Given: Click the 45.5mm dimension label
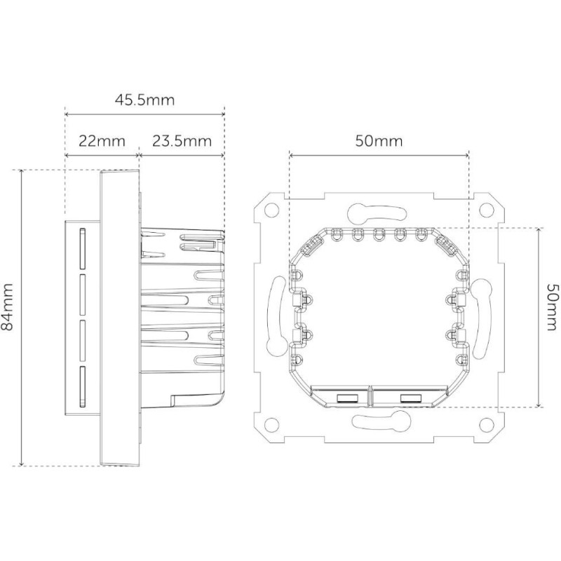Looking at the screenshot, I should pos(144,100).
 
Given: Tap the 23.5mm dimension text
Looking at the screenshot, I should pos(182,140).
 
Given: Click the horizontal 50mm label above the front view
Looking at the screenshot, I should pos(379,140).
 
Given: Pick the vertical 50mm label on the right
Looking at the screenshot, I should pos(552,317).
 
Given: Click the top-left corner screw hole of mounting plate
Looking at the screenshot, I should pos(270,208).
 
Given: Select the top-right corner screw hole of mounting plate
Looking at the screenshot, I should pos(485,208).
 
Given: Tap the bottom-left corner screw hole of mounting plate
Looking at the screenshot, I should pos(270,424).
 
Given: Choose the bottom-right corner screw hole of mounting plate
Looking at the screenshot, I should pos(485,424).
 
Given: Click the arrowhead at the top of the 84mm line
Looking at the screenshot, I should pos(22,173).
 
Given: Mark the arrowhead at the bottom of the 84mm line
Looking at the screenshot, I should pos(22,464).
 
